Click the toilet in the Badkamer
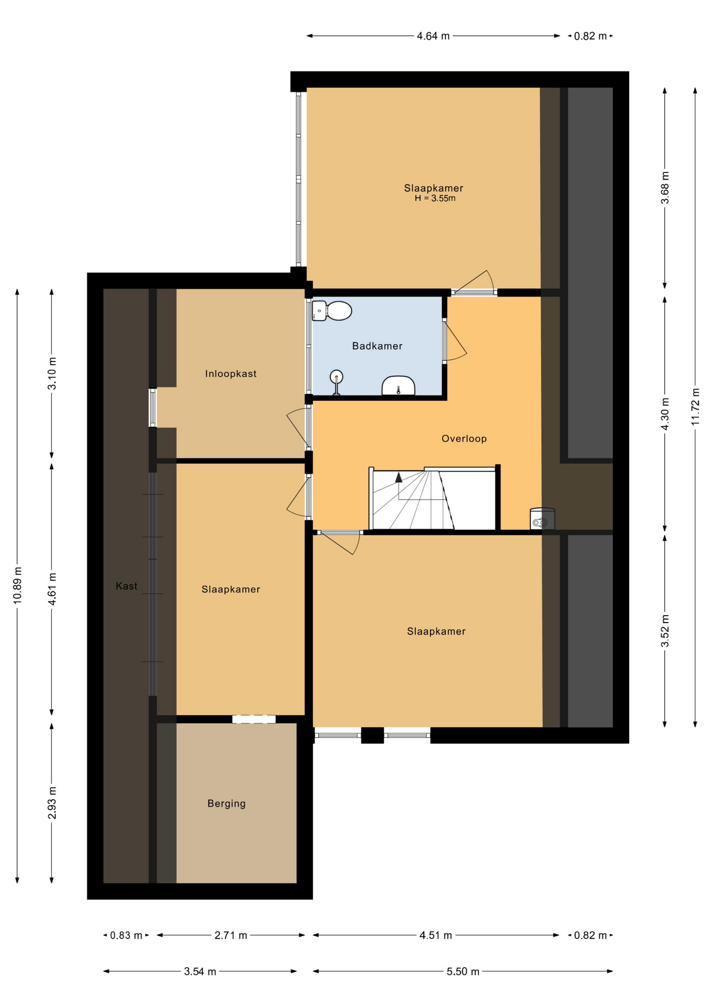332,310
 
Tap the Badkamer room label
377,346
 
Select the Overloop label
464,438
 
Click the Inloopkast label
231,373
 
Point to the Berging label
226,804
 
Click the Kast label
126,586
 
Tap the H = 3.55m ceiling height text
435,198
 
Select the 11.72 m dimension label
696,406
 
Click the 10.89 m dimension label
17,585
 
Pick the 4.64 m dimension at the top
433,36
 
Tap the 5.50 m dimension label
463,972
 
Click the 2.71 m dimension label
231,935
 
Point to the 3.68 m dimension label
665,188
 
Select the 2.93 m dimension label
52,802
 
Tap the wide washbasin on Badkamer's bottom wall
398,385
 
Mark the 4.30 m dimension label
665,414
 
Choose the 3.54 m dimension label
200,972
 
